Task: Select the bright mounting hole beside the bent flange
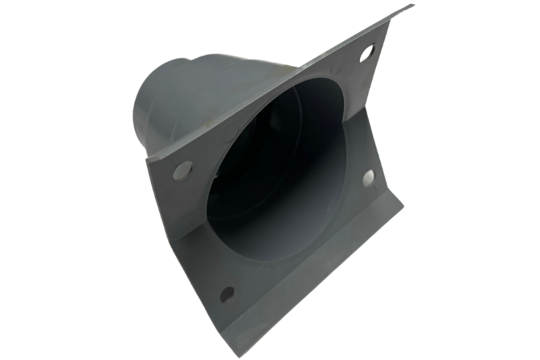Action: coord(369,178)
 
